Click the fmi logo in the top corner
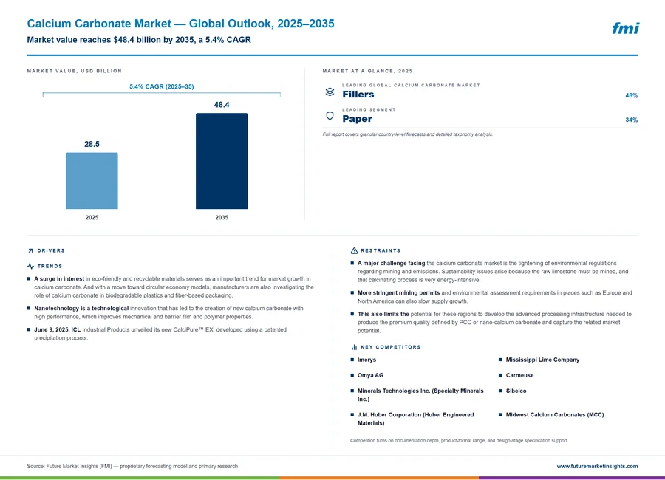click(626, 28)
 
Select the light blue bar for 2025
click(92, 181)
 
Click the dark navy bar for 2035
click(222, 161)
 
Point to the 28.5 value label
click(92, 144)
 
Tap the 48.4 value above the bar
click(222, 105)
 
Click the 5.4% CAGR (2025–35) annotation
click(162, 86)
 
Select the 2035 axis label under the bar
click(222, 218)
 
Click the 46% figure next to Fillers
click(631, 95)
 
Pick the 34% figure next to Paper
click(631, 120)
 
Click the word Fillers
click(358, 94)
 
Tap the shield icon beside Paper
click(330, 116)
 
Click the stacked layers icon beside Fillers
click(330, 92)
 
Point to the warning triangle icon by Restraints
click(354, 250)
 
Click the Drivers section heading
click(51, 250)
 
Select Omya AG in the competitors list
click(370, 375)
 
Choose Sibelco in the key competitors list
click(516, 391)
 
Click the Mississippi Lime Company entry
click(542, 360)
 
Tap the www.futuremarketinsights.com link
click(597, 466)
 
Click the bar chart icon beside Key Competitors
click(354, 347)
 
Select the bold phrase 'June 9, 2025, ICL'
click(57, 329)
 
